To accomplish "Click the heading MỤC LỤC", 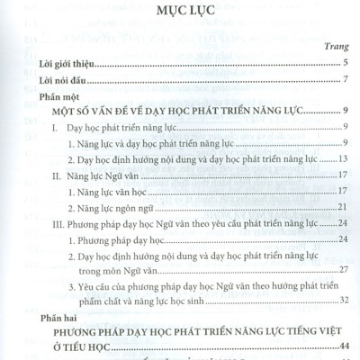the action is (179, 15).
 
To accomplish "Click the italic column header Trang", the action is (336, 47).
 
